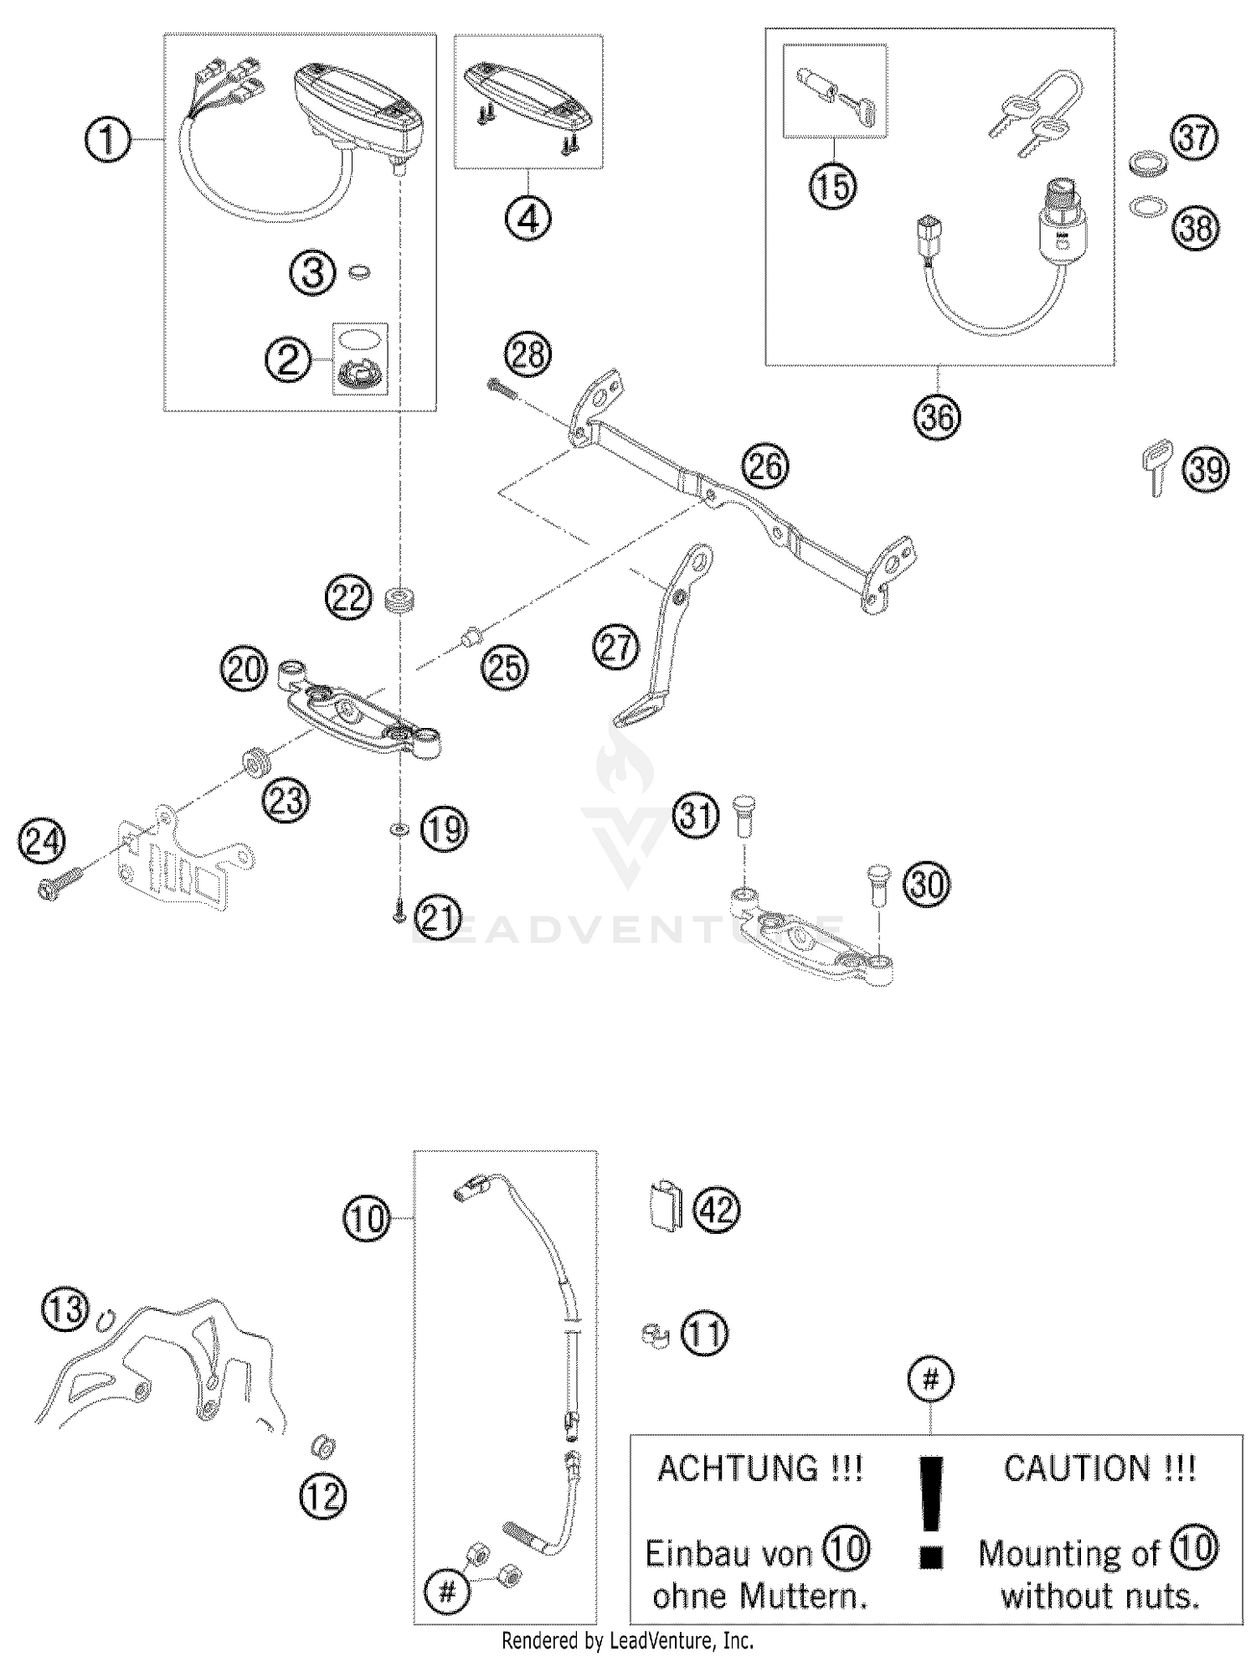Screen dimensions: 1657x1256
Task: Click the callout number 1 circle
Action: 108,140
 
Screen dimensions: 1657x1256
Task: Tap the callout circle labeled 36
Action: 937,416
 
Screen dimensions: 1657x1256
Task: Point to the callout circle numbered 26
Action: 765,466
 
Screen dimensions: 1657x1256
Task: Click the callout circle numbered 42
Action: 718,1210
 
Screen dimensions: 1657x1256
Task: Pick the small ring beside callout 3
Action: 359,272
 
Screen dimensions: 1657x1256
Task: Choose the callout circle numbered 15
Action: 833,186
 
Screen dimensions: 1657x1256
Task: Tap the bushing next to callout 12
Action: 322,1445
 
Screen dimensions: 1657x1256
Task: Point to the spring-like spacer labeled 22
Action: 399,600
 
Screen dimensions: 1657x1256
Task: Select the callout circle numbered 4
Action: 528,219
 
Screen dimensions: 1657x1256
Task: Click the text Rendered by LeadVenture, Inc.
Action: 627,1640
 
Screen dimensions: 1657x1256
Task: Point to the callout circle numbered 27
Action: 616,648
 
